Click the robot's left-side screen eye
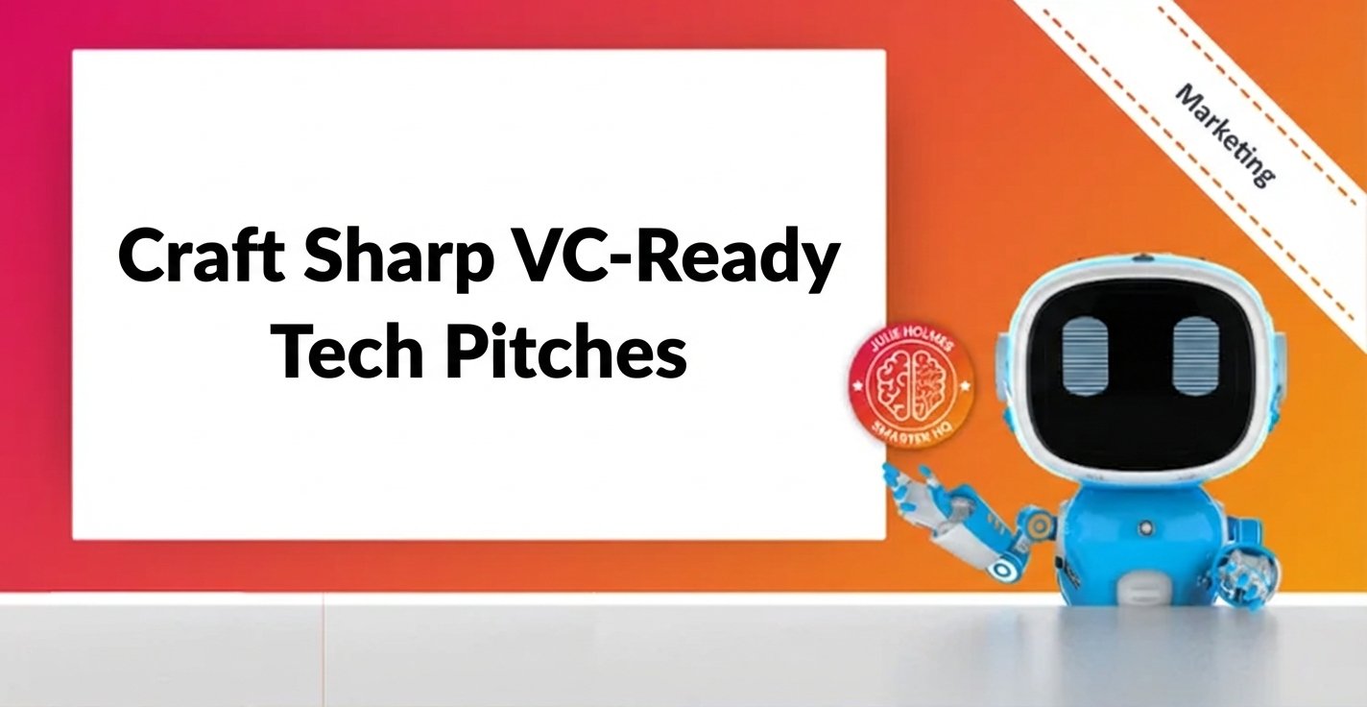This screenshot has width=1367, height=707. (x=1086, y=355)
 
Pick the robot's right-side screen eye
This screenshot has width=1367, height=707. (x=1195, y=355)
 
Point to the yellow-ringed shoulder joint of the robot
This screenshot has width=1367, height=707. (x=1036, y=524)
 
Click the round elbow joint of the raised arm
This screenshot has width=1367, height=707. (x=1001, y=569)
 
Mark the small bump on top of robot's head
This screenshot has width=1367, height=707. (x=1140, y=257)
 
